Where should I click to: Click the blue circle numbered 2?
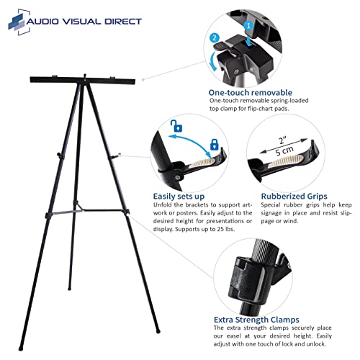212,37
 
